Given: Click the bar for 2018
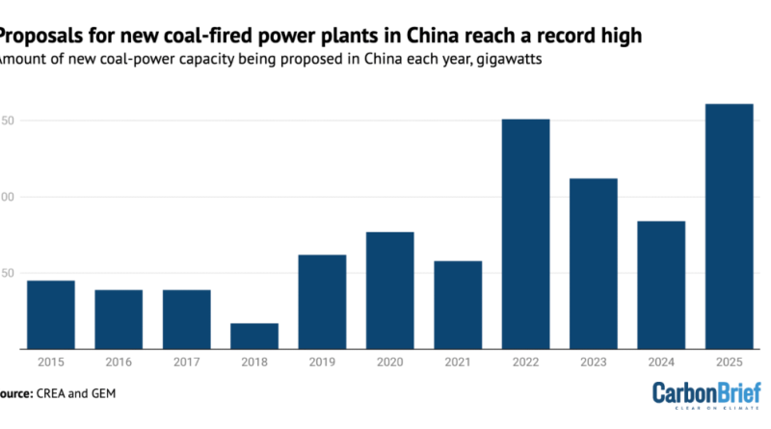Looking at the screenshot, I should [x=254, y=335].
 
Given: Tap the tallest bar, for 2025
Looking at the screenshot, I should [x=729, y=226].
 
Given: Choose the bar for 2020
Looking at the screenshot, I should [x=389, y=289].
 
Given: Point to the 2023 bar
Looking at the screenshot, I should [x=593, y=263].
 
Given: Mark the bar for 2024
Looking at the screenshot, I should [x=661, y=284].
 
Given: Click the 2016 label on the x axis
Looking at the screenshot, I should [x=119, y=362].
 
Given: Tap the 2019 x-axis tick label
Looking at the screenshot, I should [x=322, y=362].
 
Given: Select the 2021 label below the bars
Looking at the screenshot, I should [x=458, y=362].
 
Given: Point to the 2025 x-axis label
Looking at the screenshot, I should [x=729, y=362].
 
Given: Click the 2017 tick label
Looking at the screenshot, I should [x=186, y=362].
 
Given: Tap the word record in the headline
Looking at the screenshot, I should [x=545, y=37].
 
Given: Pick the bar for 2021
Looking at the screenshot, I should [x=458, y=305].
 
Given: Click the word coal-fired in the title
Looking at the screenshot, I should [x=179, y=37].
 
